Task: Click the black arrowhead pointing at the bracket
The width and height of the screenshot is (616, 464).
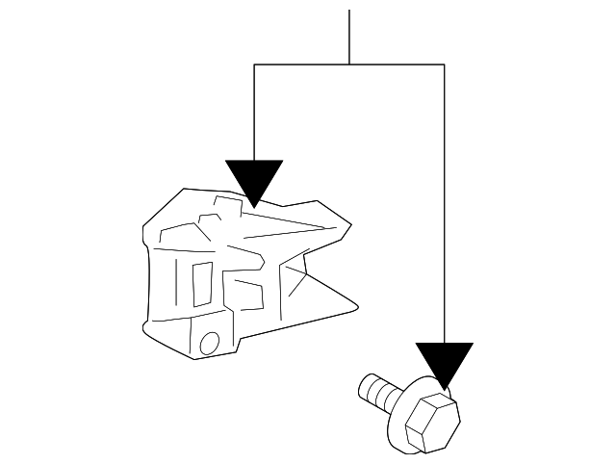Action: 253,178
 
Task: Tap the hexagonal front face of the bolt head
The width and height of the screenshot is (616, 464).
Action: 430,420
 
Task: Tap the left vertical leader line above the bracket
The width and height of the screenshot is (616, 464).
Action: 253,111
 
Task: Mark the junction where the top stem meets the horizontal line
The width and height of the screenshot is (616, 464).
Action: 348,64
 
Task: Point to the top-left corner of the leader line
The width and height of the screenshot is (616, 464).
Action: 253,64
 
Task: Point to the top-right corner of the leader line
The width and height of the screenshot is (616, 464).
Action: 444,64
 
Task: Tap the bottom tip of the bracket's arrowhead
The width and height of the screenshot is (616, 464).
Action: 253,206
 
